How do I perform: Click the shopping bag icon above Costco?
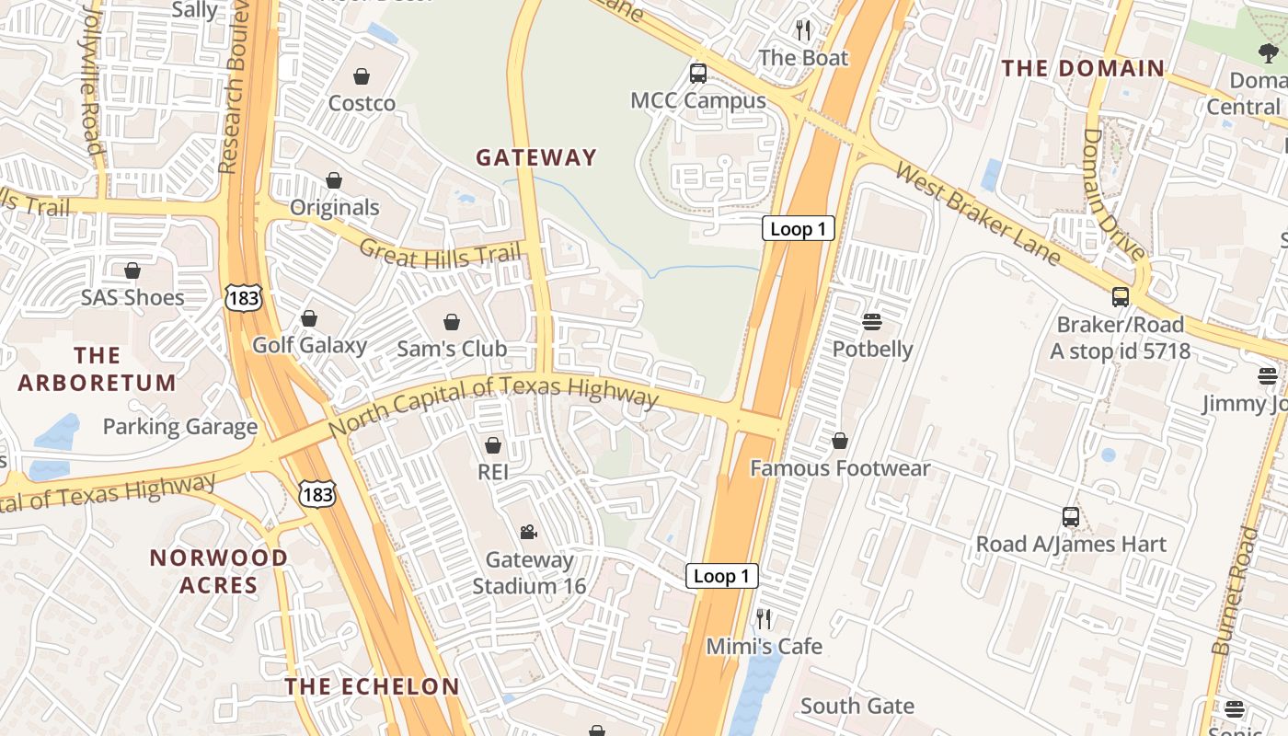tap(362, 76)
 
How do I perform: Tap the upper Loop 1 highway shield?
tap(798, 229)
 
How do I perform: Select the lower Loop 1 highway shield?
tap(722, 577)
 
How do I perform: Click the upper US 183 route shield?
tap(244, 296)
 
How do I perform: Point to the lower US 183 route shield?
tap(317, 494)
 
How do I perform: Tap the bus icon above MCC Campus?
tap(698, 73)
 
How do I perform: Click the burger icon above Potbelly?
tap(871, 322)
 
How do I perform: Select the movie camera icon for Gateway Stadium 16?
tap(528, 532)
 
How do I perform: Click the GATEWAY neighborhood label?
tap(536, 157)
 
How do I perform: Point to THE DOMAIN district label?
tap(1083, 68)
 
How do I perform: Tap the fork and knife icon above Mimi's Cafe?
tap(764, 618)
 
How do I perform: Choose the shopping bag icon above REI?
tap(493, 445)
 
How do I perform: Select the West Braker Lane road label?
tap(978, 214)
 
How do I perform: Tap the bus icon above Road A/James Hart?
tap(1070, 516)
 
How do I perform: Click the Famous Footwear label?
tap(840, 468)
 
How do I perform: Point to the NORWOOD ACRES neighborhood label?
tap(219, 571)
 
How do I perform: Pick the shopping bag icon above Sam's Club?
tap(452, 322)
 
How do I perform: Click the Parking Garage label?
tap(179, 427)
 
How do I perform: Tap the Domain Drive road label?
tap(1113, 195)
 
